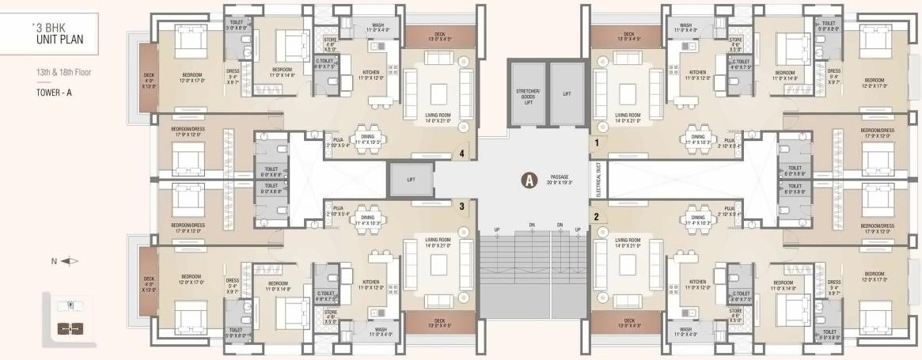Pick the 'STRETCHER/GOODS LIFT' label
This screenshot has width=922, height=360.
click(x=525, y=97)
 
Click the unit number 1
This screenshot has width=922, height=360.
click(x=597, y=144)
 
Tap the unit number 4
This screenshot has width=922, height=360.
click(x=461, y=155)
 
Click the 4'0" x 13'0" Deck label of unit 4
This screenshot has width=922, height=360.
click(x=149, y=81)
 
